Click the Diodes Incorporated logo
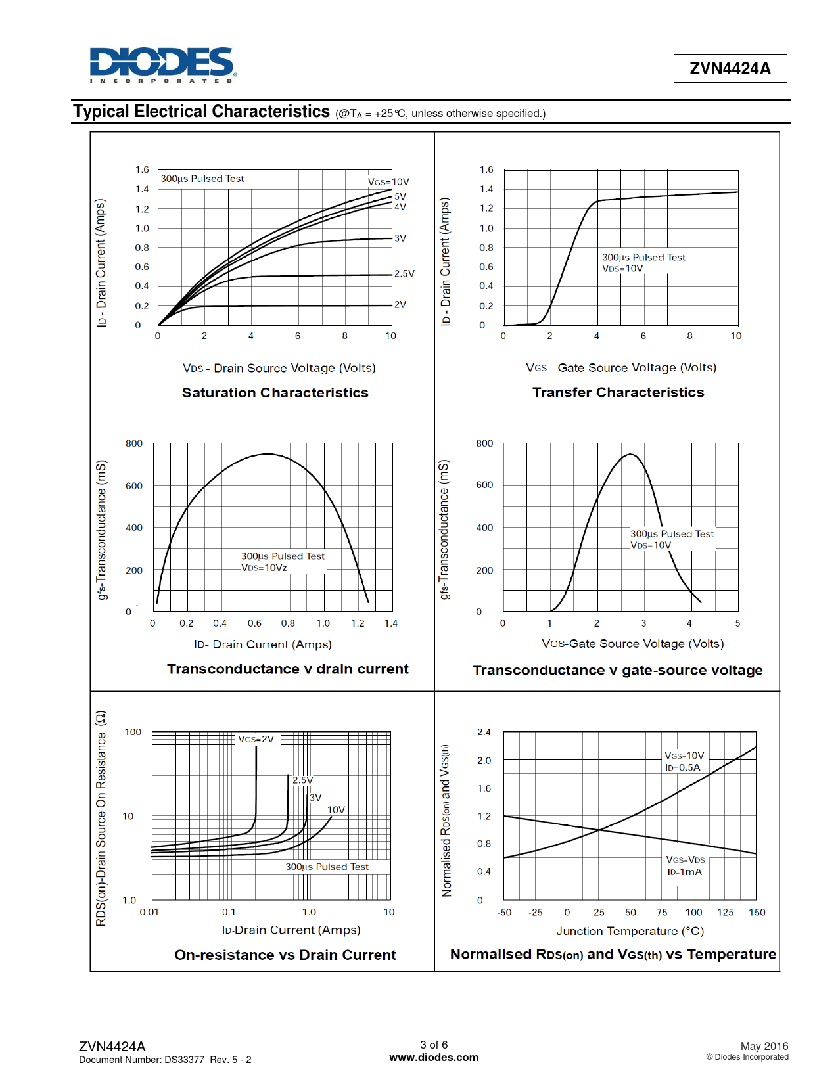[x=162, y=64]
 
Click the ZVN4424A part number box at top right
[x=730, y=68]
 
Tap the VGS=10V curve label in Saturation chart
[x=388, y=182]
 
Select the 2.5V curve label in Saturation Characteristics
[x=404, y=274]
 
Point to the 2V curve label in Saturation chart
[x=400, y=305]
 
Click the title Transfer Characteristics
[x=618, y=392]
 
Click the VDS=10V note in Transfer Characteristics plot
[x=622, y=269]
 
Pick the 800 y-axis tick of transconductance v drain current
[x=134, y=443]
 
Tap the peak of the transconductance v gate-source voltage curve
[x=630, y=454]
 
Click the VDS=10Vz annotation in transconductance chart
[x=264, y=568]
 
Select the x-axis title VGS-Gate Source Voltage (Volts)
[x=632, y=644]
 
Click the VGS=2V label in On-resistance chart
[x=256, y=739]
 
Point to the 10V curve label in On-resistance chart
[x=336, y=810]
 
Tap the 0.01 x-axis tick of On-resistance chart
[x=149, y=912]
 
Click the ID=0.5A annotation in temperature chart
[x=683, y=767]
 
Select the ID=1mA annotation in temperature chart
[x=684, y=872]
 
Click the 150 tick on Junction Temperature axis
[x=757, y=913]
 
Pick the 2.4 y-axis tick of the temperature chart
[x=484, y=732]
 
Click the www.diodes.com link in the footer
[x=434, y=1058]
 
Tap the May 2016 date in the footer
[x=764, y=1046]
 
